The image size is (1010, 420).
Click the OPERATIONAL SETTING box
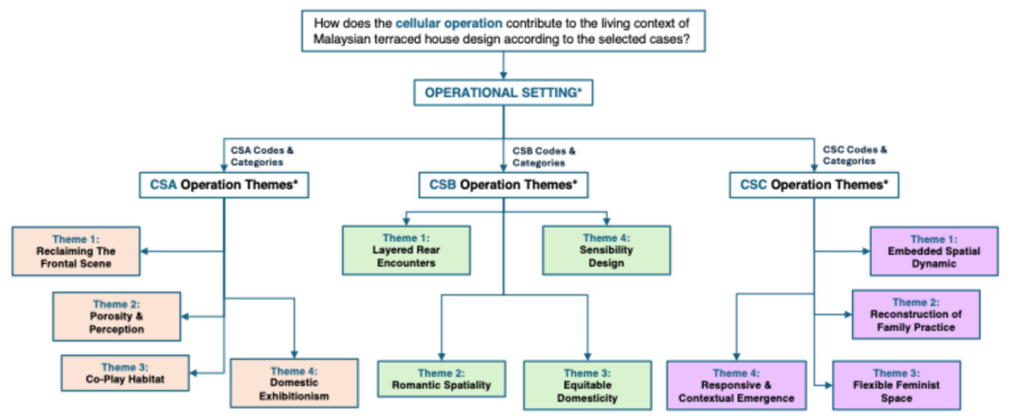pyautogui.click(x=502, y=92)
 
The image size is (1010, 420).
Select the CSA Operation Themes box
pyautogui.click(x=223, y=186)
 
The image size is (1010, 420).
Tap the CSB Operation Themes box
pyautogui.click(x=503, y=186)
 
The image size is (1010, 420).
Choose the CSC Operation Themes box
pyautogui.click(x=813, y=186)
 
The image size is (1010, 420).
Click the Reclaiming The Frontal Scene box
pyautogui.click(x=76, y=251)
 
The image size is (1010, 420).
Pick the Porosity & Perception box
pyautogui.click(x=117, y=316)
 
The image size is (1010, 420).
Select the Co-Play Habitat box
pyautogui.click(x=125, y=373)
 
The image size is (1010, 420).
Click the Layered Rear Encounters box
pyautogui.click(x=407, y=250)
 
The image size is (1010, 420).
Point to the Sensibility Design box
pyautogui.click(x=606, y=250)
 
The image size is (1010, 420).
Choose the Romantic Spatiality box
pyautogui.click(x=441, y=380)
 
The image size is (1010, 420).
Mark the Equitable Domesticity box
pyautogui.click(x=588, y=385)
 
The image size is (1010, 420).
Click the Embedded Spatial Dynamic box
pyautogui.click(x=934, y=251)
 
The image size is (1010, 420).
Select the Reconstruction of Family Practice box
pyautogui.click(x=916, y=314)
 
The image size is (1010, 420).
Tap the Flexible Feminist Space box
pyautogui.click(x=896, y=385)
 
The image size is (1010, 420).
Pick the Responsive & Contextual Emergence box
pyautogui.click(x=736, y=385)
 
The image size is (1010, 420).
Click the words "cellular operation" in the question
pyautogui.click(x=449, y=24)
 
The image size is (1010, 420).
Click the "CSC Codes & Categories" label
pyautogui.click(x=855, y=155)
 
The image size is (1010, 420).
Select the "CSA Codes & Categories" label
pyautogui.click(x=263, y=156)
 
